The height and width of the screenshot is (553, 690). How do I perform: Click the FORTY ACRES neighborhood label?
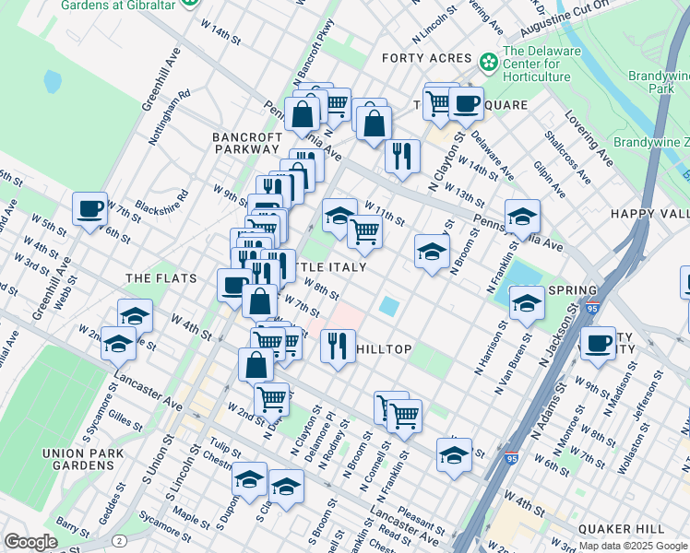[427, 58]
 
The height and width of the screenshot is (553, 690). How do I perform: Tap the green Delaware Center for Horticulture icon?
[488, 61]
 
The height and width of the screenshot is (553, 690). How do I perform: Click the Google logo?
[30, 542]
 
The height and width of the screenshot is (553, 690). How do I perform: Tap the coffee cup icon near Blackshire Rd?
[89, 208]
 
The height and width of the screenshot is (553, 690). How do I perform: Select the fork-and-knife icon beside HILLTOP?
[338, 346]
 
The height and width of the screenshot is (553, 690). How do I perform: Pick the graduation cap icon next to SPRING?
[527, 302]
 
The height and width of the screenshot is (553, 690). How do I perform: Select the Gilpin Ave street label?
[551, 180]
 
